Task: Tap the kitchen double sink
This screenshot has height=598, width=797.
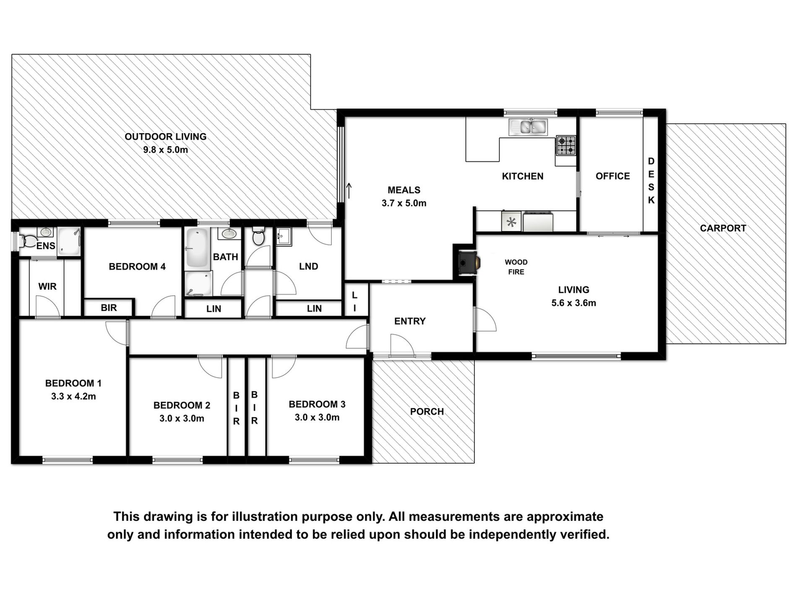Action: (x=529, y=127)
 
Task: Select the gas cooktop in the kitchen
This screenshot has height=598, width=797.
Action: (x=566, y=146)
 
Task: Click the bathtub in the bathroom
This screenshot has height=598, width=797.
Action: (x=197, y=249)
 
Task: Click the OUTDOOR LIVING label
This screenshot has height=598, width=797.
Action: (x=166, y=136)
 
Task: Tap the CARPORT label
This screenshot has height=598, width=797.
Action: (x=723, y=228)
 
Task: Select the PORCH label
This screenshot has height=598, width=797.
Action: (x=427, y=412)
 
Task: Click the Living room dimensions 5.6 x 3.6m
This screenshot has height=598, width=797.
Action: (x=573, y=303)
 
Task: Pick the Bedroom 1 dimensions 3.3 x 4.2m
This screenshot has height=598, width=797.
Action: (x=73, y=396)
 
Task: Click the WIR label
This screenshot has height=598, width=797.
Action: (x=47, y=287)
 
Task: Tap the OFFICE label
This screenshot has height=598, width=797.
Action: (x=613, y=176)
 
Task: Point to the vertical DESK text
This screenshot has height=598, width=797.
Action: (x=651, y=181)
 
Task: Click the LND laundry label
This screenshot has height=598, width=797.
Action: (x=309, y=266)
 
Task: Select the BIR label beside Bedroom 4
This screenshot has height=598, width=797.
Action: (x=109, y=308)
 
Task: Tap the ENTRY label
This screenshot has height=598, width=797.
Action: (x=410, y=321)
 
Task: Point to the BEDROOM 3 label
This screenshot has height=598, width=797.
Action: (x=317, y=405)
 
